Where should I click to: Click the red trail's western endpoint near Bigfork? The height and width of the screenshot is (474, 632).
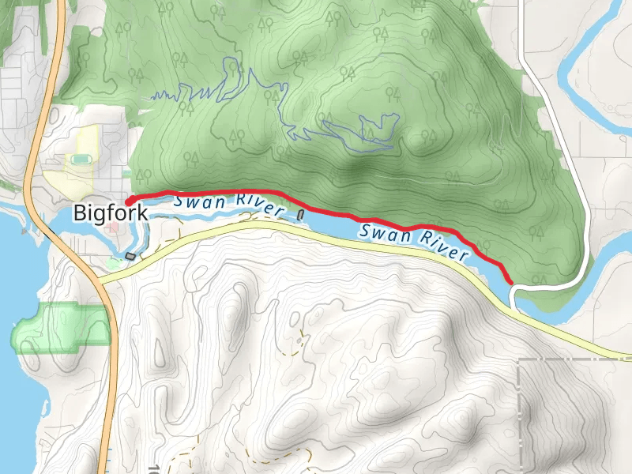tap(129, 201)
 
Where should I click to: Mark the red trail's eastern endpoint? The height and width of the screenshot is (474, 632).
tap(512, 281)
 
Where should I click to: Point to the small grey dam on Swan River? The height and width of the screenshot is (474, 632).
tap(301, 214)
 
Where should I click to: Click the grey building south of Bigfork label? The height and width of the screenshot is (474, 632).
tap(130, 256)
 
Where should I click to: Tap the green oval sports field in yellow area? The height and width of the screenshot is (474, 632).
tap(81, 159)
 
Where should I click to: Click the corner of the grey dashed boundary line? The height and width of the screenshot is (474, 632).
tap(519, 360)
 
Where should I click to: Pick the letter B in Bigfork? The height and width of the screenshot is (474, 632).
tap(79, 213)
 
